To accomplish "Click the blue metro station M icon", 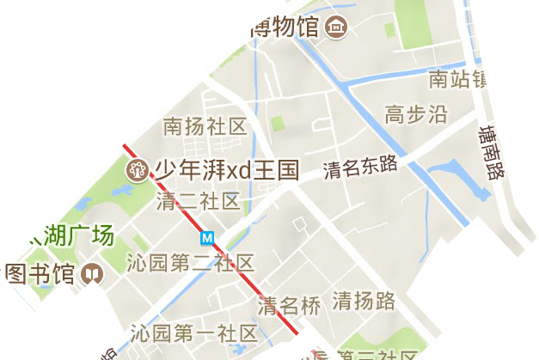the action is [207, 237].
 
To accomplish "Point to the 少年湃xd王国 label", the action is [226, 169].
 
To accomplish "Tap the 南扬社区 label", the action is [205, 127].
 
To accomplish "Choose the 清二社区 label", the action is [198, 201].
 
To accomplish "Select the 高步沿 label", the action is [416, 114].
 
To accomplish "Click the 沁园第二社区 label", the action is [190, 262].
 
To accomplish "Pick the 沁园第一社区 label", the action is [193, 333].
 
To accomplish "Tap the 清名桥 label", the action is [290, 305].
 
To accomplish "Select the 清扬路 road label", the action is [364, 301].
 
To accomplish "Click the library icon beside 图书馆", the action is [90, 275].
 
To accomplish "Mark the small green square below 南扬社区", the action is [277, 124].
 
